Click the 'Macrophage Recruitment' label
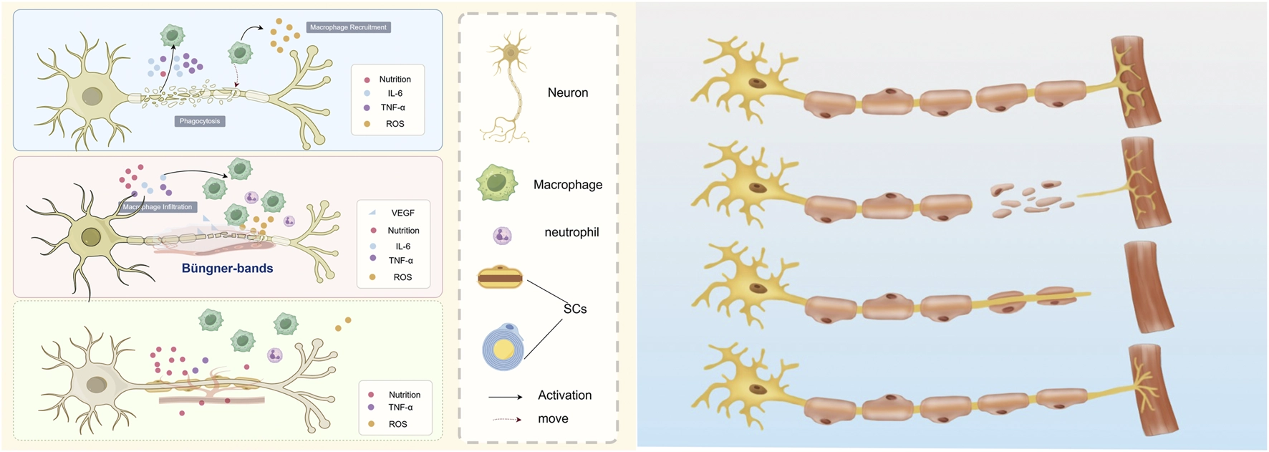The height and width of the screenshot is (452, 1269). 348,27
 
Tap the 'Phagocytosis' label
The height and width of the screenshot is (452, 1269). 200,121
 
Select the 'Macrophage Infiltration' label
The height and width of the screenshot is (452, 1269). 158,207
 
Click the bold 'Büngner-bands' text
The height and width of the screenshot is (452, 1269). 227,269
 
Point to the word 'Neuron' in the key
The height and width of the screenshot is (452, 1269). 568,92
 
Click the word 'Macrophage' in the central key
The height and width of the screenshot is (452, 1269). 568,185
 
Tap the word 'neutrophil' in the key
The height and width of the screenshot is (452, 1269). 571,232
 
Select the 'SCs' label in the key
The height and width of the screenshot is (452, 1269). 575,309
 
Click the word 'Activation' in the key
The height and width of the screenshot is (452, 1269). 565,395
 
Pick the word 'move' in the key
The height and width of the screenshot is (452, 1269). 553,419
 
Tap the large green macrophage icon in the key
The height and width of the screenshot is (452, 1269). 497,183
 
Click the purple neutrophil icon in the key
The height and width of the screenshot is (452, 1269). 502,235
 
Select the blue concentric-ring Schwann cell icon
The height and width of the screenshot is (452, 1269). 503,347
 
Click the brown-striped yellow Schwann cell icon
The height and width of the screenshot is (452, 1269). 500,277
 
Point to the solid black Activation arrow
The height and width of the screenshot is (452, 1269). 506,396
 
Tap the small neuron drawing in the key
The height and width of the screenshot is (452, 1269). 509,86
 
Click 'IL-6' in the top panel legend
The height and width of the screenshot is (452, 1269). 395,93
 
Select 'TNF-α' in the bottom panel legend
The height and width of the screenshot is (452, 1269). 400,408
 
